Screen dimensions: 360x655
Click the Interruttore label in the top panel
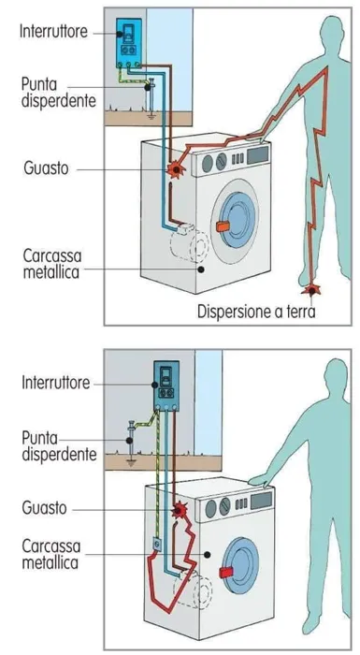click(53, 32)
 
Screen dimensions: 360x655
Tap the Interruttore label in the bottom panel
click(55, 383)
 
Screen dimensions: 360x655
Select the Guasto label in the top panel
click(46, 168)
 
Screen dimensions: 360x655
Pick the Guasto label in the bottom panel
click(44, 508)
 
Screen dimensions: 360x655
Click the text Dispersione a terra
click(256, 312)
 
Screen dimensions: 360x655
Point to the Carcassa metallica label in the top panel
click(51, 263)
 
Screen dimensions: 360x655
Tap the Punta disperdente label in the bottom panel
click(59, 445)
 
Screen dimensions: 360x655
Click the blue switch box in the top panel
click(129, 43)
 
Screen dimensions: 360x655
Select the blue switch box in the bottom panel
click(166, 386)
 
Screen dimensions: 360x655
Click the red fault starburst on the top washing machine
click(176, 169)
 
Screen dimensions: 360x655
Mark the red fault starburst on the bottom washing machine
click(180, 509)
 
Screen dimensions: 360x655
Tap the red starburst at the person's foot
click(311, 288)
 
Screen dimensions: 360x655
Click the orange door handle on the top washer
click(223, 226)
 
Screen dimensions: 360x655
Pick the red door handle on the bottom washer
click(227, 573)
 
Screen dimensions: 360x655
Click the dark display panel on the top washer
click(258, 154)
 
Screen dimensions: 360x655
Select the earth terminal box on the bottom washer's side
click(157, 545)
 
